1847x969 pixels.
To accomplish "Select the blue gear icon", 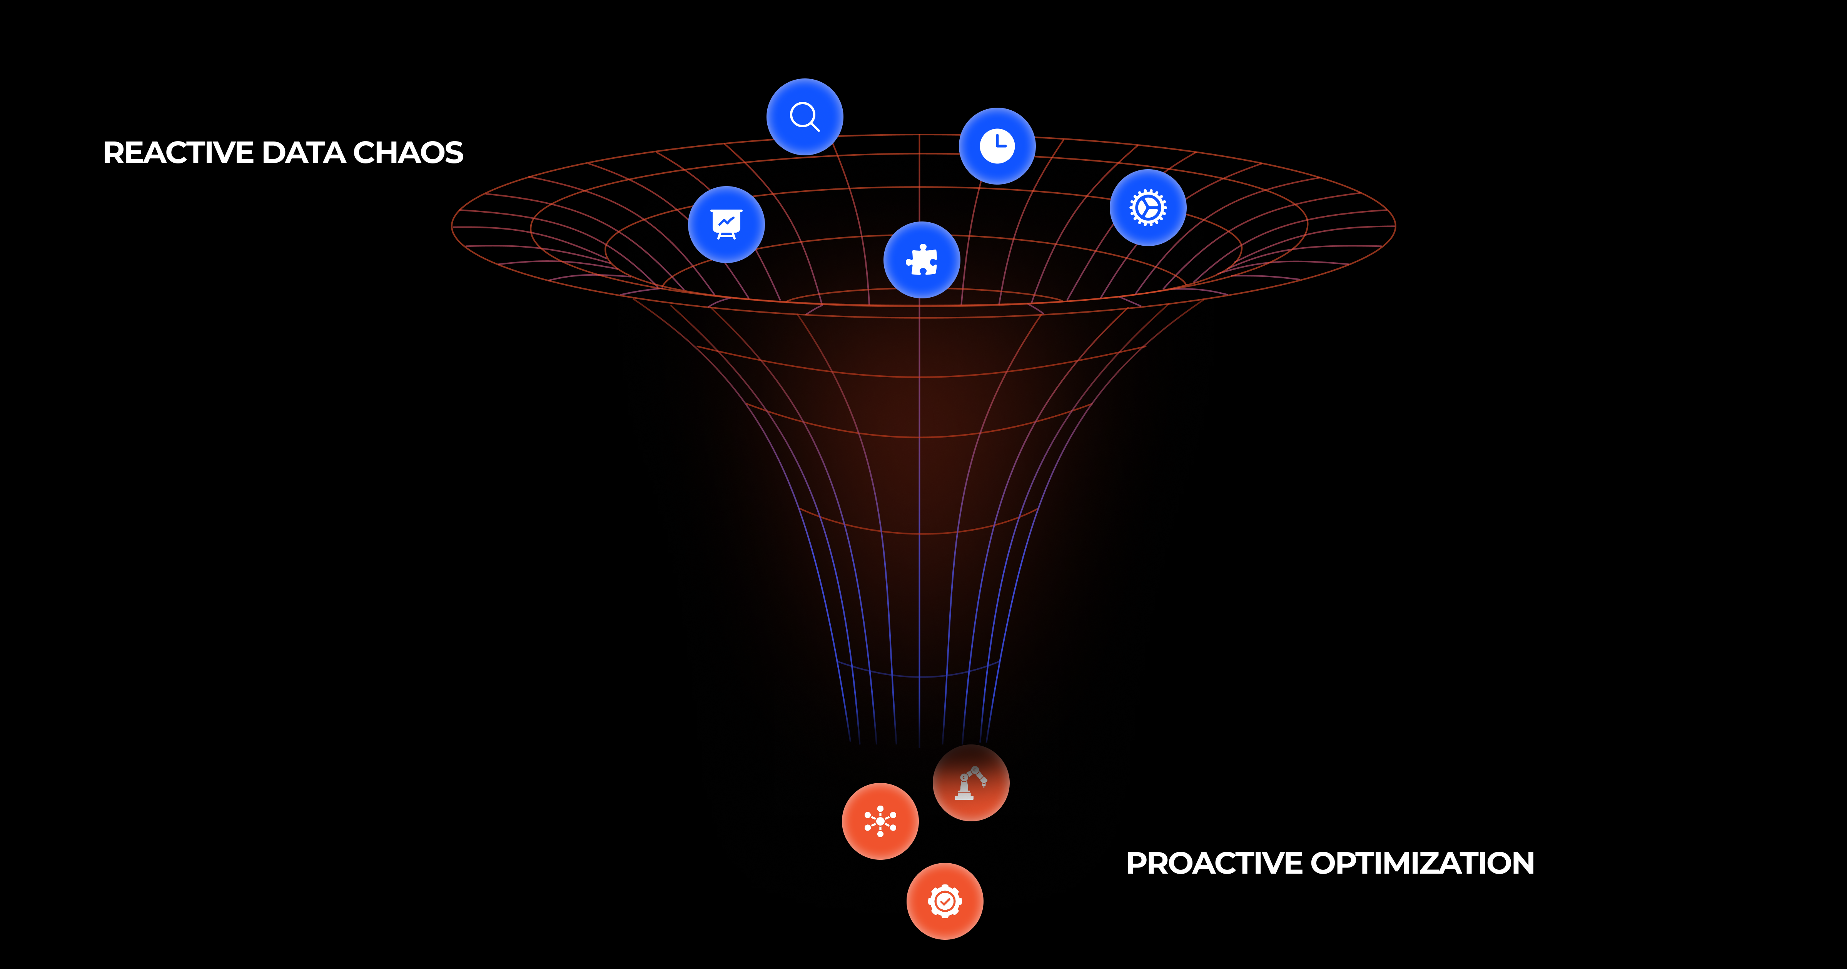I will pyautogui.click(x=1147, y=208).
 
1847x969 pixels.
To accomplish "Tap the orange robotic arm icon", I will pyautogui.click(x=971, y=783).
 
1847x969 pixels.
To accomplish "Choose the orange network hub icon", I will pyautogui.click(x=880, y=821).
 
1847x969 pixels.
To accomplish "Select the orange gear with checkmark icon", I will pyautogui.click(x=944, y=901).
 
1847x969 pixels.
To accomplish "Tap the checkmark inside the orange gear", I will pyautogui.click(x=944, y=901).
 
